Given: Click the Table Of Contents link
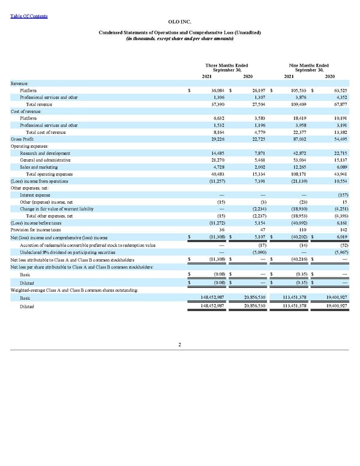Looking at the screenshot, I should [x=29, y=16].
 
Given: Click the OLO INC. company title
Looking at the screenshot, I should [x=179, y=22].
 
